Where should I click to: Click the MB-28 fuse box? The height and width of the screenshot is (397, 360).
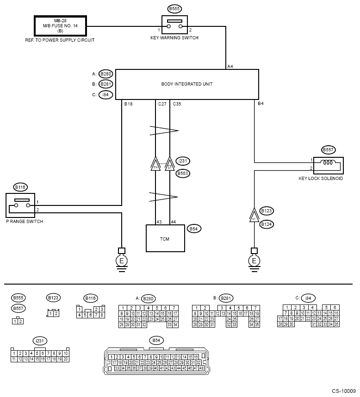[x=60, y=26]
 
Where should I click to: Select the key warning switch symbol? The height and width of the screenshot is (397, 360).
[x=174, y=24]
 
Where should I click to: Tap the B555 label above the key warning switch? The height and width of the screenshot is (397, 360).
[x=174, y=9]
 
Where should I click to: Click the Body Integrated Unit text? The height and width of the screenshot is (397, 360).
[x=187, y=84]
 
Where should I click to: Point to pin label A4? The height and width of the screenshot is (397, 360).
[x=230, y=67]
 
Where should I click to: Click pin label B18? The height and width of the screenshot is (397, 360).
[x=128, y=104]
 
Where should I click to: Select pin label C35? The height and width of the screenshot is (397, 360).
[x=177, y=104]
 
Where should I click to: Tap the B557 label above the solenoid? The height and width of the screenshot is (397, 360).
[x=328, y=150]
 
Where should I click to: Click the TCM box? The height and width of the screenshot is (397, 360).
[x=165, y=238]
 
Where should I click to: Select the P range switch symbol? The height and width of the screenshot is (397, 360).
[x=21, y=205]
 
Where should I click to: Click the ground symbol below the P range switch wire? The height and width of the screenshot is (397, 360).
[x=122, y=261]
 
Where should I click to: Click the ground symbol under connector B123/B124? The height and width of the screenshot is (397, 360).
[x=254, y=261]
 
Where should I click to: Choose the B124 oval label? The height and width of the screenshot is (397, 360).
[x=267, y=224]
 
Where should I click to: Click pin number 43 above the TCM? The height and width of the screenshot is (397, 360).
[x=159, y=222]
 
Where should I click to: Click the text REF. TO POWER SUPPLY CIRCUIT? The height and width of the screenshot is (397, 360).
[x=60, y=40]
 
